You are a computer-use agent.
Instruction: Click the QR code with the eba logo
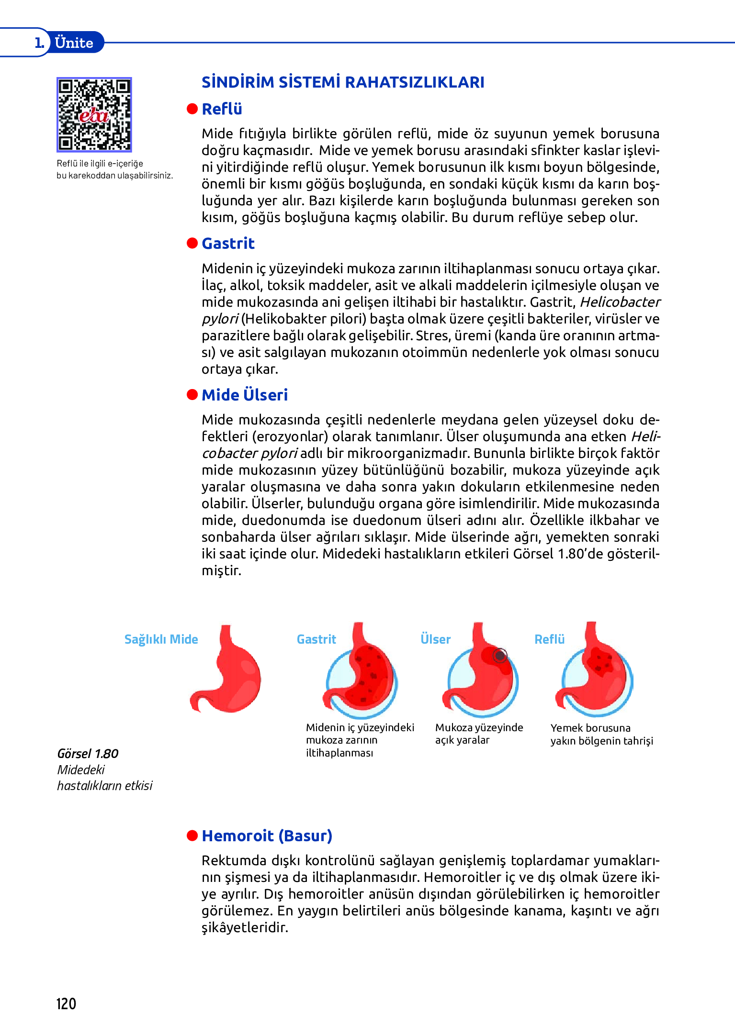point(94,114)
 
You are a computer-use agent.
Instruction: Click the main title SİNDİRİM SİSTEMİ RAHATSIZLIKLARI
point(343,82)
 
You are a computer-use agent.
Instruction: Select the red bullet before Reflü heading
point(192,109)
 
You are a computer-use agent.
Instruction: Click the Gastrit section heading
point(228,243)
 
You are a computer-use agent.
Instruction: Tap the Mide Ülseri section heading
point(245,395)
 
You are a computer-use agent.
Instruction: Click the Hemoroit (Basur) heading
point(267,835)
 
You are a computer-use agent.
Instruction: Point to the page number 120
point(66,1003)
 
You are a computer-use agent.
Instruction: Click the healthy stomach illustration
point(227,670)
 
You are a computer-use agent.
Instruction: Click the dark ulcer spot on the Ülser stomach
point(500,655)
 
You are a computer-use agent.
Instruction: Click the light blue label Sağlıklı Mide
point(161,639)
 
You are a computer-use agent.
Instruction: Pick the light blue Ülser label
point(435,639)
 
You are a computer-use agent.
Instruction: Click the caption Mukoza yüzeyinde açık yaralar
point(479,734)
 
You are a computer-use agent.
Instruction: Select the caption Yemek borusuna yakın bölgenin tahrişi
point(601,734)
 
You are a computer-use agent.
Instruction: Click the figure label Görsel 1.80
point(88,754)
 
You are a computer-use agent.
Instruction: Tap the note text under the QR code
point(114,169)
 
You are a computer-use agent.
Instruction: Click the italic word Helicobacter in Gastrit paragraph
point(620,302)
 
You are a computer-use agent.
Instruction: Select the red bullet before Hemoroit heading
point(192,835)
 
